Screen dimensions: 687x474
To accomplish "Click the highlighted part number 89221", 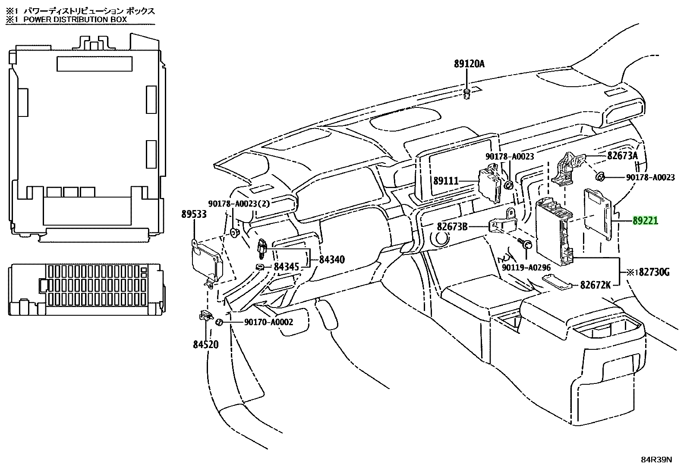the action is tap(645, 220).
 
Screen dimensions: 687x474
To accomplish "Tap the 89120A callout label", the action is tap(469, 64).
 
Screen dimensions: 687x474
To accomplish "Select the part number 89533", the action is tap(194, 214).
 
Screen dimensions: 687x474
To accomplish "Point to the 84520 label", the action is tap(206, 344).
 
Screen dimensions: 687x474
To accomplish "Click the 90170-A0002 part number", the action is tap(269, 322).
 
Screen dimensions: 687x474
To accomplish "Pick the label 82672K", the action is tap(595, 285).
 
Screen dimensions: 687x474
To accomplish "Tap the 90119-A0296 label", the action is tap(526, 267).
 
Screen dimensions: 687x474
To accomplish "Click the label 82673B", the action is tap(452, 226).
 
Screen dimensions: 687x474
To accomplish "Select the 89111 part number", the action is tap(446, 181).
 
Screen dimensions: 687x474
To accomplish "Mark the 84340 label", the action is tap(332, 259).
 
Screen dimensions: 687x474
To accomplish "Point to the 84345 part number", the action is tap(286, 267).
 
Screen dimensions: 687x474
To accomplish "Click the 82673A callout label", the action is tap(622, 156).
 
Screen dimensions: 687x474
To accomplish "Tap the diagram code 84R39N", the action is tap(656, 468).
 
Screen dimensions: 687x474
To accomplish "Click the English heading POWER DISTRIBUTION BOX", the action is tap(75, 19).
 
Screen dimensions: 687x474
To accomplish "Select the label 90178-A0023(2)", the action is tap(239, 204).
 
